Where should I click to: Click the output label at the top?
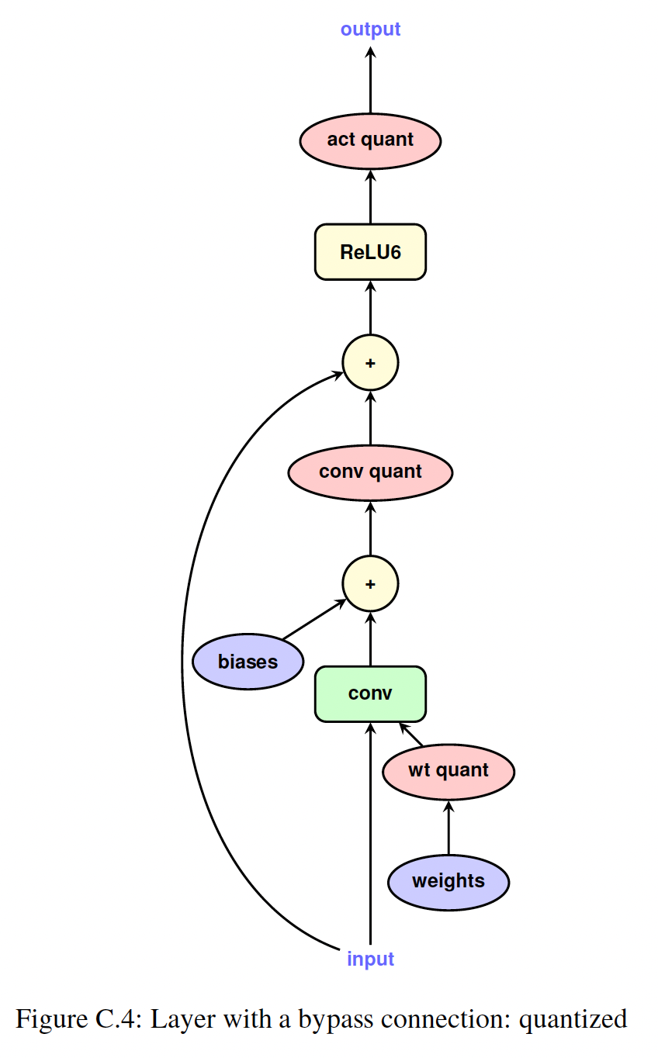pyautogui.click(x=370, y=29)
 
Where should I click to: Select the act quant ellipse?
pyautogui.click(x=370, y=140)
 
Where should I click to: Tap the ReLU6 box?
pyautogui.click(x=370, y=252)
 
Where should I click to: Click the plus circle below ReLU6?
pyautogui.click(x=370, y=362)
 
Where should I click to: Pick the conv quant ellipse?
pyautogui.click(x=370, y=472)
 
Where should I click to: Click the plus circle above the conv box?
pyautogui.click(x=370, y=583)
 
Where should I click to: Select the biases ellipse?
pyautogui.click(x=248, y=662)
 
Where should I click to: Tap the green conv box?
pyautogui.click(x=370, y=693)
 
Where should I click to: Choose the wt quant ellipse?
pyautogui.click(x=448, y=771)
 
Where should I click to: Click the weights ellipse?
pyautogui.click(x=448, y=881)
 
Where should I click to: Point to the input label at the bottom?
pyautogui.click(x=370, y=959)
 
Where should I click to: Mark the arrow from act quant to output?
pyautogui.click(x=370, y=81)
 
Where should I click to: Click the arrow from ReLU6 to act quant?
pyautogui.click(x=370, y=197)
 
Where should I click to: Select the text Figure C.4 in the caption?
pyautogui.click(x=75, y=1018)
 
